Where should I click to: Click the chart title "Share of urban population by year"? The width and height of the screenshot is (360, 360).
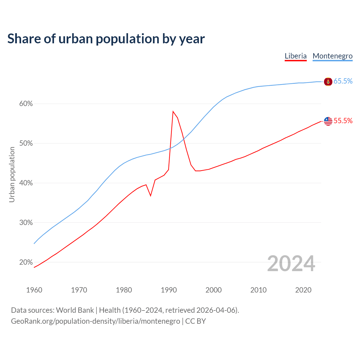click(x=106, y=39)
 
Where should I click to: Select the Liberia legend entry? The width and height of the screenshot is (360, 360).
click(x=296, y=56)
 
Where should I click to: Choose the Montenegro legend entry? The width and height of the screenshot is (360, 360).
click(x=332, y=56)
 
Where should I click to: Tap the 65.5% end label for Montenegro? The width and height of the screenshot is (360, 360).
click(x=343, y=81)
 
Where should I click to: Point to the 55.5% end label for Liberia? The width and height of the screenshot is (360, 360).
click(x=343, y=121)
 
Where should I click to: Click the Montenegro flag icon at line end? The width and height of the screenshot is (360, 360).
click(x=328, y=82)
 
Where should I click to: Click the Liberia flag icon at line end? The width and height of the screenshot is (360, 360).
click(x=328, y=121)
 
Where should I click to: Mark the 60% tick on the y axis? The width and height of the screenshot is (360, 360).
click(x=26, y=104)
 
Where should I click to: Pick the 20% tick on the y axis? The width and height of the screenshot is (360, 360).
click(x=26, y=262)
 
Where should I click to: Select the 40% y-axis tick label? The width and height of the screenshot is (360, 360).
click(x=26, y=183)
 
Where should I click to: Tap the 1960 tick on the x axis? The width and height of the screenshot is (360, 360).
click(x=34, y=290)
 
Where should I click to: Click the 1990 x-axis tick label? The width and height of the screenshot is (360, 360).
click(x=169, y=290)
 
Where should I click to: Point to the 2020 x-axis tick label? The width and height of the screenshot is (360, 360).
click(x=303, y=290)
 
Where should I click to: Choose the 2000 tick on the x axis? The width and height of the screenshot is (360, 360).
click(x=213, y=290)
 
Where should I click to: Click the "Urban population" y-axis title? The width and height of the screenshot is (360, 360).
click(x=12, y=174)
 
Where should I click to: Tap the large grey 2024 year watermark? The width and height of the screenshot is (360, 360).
click(x=291, y=264)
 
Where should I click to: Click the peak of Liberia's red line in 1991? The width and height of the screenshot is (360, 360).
click(x=173, y=111)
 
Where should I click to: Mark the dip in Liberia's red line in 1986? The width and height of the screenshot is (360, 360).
click(x=151, y=195)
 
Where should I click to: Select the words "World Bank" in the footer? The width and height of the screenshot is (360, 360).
click(x=75, y=310)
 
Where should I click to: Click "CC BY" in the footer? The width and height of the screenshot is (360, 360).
click(x=195, y=321)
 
